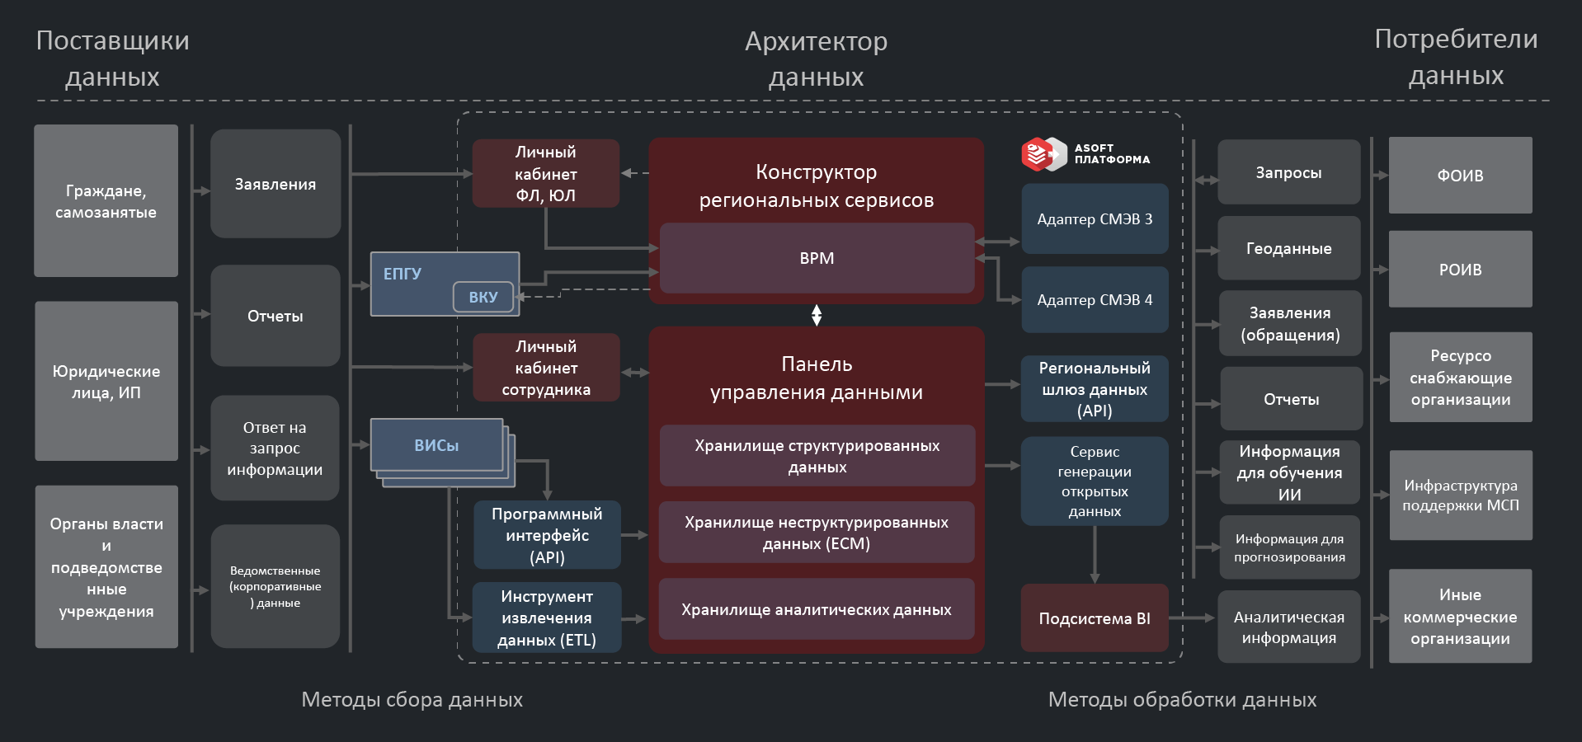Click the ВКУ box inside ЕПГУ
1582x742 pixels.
click(483, 297)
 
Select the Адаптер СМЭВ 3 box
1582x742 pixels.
click(1095, 218)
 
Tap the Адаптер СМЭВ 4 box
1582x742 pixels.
click(1095, 299)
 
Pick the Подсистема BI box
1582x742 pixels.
click(1095, 618)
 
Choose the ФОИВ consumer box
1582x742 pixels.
click(1460, 175)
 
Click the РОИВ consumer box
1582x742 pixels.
click(1460, 270)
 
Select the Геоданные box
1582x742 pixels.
click(1288, 248)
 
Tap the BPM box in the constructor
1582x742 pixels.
click(817, 258)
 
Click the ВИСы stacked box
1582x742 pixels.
click(437, 445)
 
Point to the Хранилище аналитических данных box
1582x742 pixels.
click(817, 609)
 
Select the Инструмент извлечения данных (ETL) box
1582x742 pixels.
click(547, 618)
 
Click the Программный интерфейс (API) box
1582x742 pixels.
click(547, 535)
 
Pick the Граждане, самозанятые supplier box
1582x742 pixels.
click(106, 201)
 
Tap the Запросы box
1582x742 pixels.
click(1288, 172)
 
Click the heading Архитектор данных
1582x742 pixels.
click(816, 59)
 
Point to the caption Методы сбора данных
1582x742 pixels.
click(412, 699)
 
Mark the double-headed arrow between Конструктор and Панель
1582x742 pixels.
click(817, 315)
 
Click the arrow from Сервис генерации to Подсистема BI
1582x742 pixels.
click(1095, 554)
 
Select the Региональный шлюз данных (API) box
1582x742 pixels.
click(1095, 389)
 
